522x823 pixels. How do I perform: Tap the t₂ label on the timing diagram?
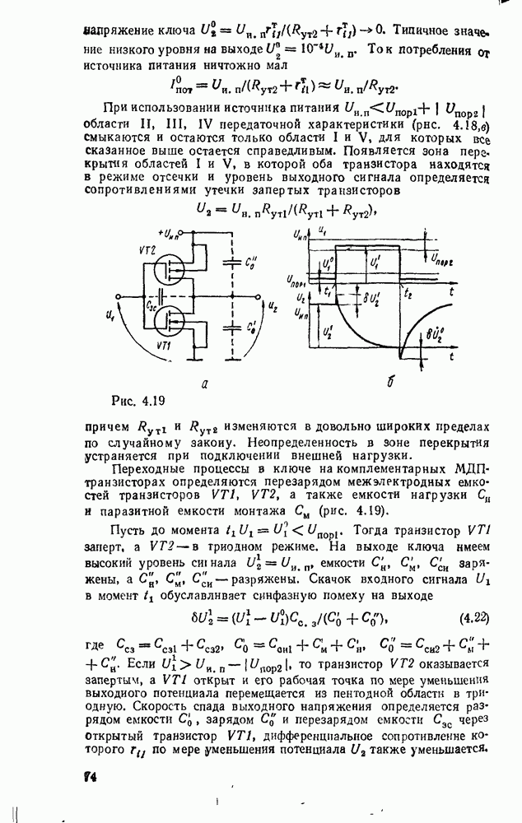[x=407, y=291]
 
